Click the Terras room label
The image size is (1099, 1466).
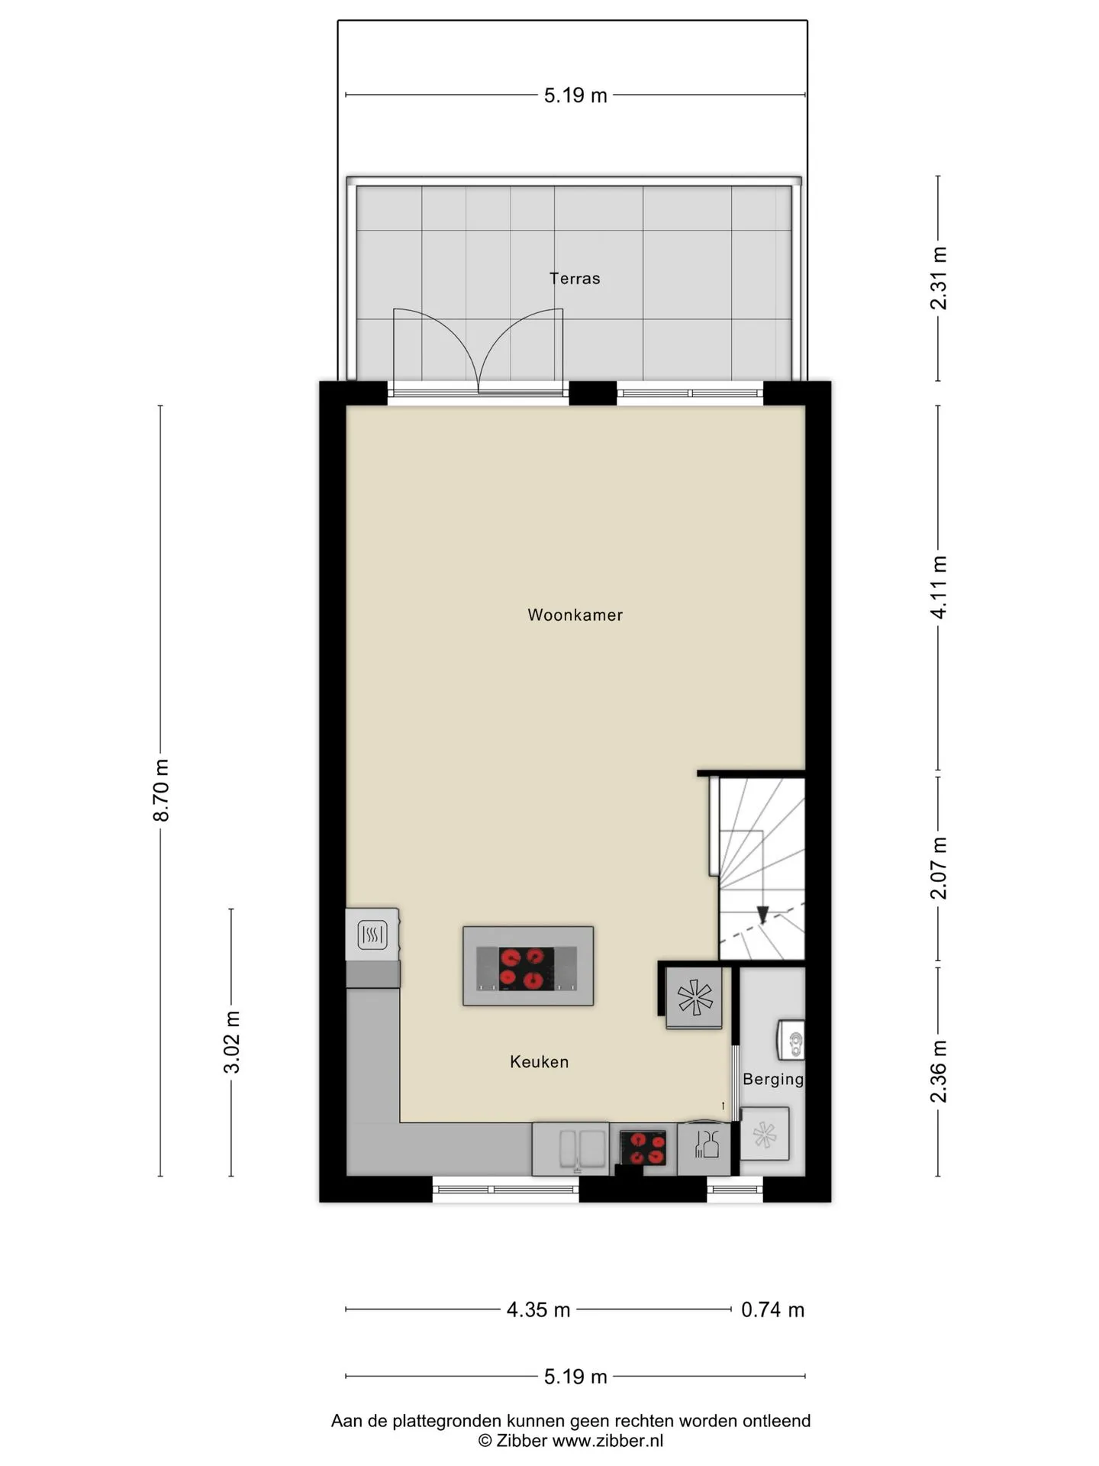(575, 279)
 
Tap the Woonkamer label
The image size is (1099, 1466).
(575, 615)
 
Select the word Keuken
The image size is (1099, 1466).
(539, 1061)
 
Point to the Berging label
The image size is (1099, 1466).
(773, 1079)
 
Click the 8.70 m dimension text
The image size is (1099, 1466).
(161, 790)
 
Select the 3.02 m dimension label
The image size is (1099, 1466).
(232, 1042)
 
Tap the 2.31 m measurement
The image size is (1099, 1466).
(939, 278)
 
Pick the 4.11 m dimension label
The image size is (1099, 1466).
(939, 587)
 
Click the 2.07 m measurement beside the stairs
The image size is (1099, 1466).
(939, 868)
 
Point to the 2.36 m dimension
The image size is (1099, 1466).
(939, 1071)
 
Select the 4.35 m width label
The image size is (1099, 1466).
(538, 1309)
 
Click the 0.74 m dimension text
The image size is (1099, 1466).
(772, 1309)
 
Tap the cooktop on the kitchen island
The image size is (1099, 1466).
(527, 968)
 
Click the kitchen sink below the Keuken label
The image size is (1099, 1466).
(570, 1149)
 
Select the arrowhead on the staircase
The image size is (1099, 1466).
(762, 915)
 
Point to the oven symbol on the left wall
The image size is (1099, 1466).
(372, 935)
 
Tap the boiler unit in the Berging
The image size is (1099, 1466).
(791, 1040)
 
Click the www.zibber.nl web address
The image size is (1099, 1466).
(608, 1441)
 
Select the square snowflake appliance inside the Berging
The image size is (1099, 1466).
(764, 1134)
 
